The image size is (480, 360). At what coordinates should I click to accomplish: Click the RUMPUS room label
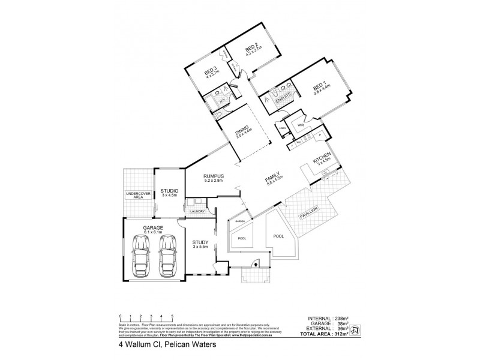click(x=213, y=176)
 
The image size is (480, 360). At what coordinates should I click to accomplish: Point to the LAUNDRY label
click(x=197, y=211)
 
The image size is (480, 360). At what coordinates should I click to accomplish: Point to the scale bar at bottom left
click(x=146, y=318)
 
